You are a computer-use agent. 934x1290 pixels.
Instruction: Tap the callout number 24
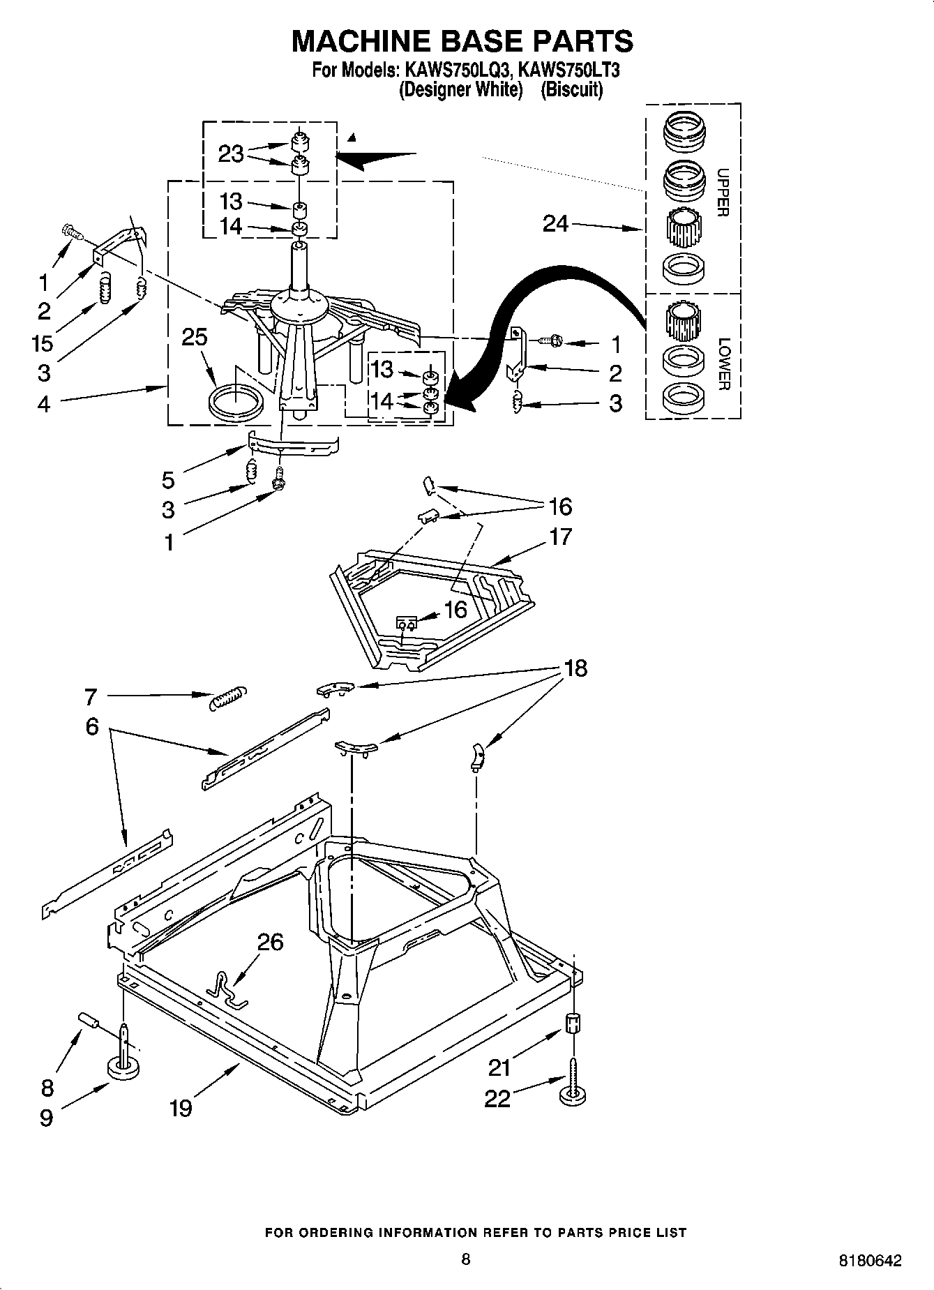click(x=555, y=224)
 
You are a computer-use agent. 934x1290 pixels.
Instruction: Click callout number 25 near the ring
click(x=195, y=337)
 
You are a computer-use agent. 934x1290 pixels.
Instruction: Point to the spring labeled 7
click(x=227, y=697)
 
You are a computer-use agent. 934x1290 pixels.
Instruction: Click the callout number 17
click(x=560, y=537)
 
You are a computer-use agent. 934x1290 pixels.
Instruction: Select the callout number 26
click(x=270, y=942)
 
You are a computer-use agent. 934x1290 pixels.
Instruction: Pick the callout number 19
click(x=180, y=1107)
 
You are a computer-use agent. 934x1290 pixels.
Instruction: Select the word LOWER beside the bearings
click(x=723, y=363)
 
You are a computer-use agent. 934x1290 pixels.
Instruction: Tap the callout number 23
click(x=231, y=153)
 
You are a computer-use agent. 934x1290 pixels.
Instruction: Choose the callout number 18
click(x=575, y=668)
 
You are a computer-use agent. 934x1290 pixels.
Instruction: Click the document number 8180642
click(x=869, y=1261)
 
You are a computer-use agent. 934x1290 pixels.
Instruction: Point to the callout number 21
click(x=499, y=1067)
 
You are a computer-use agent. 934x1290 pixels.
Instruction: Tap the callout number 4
click(x=43, y=403)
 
